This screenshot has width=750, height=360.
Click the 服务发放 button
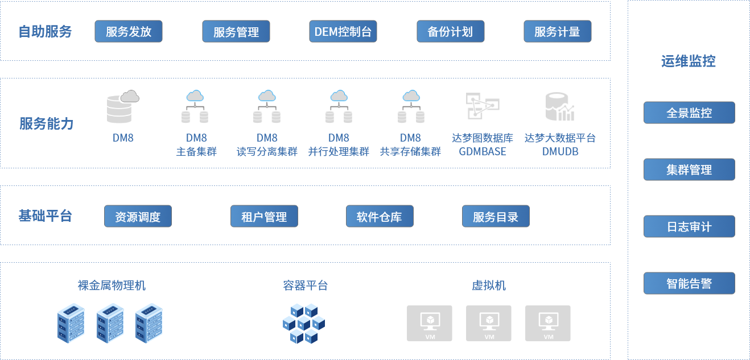129,32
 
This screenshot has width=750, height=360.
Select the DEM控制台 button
343,32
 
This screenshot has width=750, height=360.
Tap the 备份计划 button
450,32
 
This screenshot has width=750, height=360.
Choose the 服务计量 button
557,32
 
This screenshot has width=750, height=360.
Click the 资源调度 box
138,217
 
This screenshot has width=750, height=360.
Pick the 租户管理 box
264,217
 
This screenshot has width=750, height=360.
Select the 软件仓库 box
380,217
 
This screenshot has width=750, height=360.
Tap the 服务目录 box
496,217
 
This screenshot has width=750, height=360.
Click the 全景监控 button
689,113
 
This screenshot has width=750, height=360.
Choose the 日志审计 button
689,226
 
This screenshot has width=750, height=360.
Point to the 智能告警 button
689,283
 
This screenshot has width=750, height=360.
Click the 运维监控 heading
689,61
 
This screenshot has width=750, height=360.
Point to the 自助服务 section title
46,32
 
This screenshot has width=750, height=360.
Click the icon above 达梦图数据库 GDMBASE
483,106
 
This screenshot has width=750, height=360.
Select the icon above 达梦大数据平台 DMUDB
560,106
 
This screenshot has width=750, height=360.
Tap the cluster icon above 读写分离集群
267,107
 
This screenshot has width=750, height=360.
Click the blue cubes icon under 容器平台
303,323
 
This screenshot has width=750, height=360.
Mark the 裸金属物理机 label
112,285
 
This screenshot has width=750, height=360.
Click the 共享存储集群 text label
410,152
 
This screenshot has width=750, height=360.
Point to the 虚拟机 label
489,285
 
